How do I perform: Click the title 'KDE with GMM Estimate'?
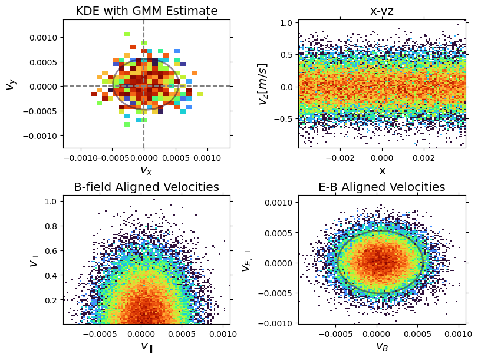tap(147, 11)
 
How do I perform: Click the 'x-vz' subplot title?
tap(382, 11)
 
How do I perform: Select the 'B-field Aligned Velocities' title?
tap(147, 187)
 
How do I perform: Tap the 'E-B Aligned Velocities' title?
tap(382, 187)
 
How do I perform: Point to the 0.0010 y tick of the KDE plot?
tap(45, 37)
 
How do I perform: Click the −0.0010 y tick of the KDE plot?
tap(42, 136)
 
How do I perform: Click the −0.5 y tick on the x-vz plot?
tap(285, 118)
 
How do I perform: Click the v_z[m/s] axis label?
tap(263, 84)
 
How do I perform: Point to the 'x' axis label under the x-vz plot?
tap(382, 171)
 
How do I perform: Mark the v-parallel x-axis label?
tap(147, 346)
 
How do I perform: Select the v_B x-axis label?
tap(382, 346)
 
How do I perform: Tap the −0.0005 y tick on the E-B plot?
tap(277, 293)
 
